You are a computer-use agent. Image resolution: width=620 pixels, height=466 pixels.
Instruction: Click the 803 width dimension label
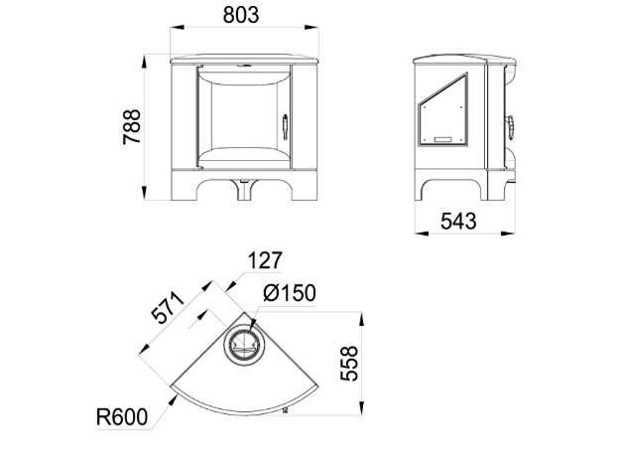click(x=241, y=15)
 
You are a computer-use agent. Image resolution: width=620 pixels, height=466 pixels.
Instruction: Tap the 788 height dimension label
click(x=132, y=127)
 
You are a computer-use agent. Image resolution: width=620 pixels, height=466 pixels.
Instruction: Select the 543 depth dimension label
click(x=458, y=221)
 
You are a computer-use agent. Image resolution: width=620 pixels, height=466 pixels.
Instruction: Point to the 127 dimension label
click(x=265, y=260)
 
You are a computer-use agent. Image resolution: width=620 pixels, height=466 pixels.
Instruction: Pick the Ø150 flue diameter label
click(x=290, y=293)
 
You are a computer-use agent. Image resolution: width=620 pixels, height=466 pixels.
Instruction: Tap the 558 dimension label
click(x=349, y=364)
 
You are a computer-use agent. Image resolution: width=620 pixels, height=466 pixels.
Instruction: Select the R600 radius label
click(x=122, y=417)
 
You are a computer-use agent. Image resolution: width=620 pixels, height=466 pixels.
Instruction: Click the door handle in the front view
click(x=285, y=127)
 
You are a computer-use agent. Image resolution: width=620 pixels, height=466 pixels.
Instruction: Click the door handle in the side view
click(x=511, y=127)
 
